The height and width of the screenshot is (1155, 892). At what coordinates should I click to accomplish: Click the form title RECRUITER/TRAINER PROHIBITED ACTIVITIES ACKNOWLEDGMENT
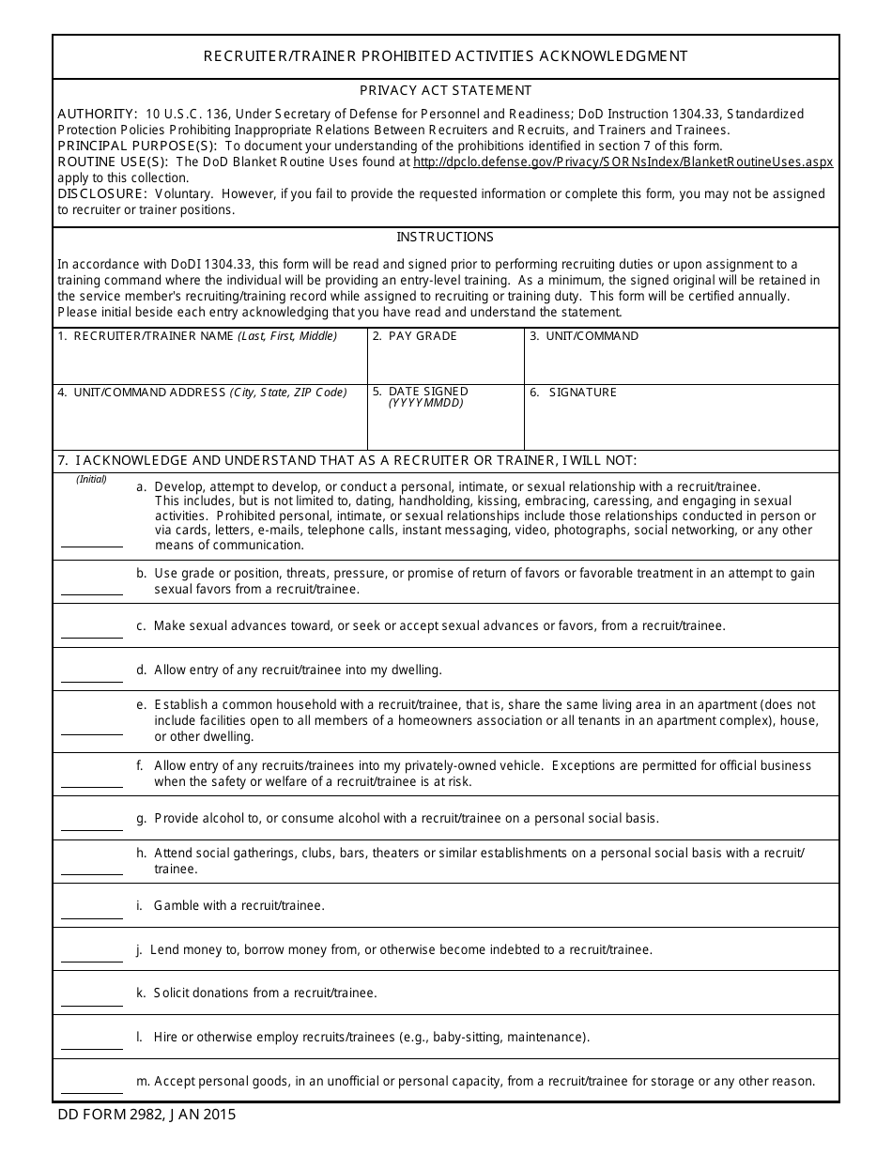pyautogui.click(x=446, y=56)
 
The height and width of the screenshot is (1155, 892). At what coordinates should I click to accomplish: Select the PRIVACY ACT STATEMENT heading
pyautogui.click(x=446, y=91)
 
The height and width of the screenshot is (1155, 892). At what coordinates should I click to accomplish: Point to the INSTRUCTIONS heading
pyautogui.click(x=445, y=238)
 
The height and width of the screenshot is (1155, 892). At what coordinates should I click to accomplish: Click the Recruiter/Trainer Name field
pyautogui.click(x=209, y=362)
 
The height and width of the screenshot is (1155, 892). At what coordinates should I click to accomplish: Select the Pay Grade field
pyautogui.click(x=445, y=362)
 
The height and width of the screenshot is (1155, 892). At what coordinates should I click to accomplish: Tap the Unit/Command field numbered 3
pyautogui.click(x=681, y=362)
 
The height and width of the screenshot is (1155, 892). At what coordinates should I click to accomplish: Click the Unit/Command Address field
pyautogui.click(x=209, y=423)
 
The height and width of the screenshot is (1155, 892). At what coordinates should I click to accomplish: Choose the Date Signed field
pyautogui.click(x=445, y=427)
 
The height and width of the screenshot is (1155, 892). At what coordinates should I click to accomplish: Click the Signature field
pyautogui.click(x=681, y=423)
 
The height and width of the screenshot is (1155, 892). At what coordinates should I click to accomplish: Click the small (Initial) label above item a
pyautogui.click(x=92, y=479)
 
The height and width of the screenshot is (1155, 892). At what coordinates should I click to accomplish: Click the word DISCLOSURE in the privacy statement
pyautogui.click(x=102, y=193)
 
